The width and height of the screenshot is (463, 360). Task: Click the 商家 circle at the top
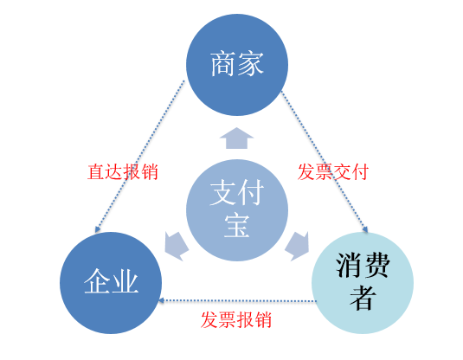coord(237,65)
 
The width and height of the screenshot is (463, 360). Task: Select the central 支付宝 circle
coord(237,210)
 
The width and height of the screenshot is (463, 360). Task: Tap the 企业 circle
coord(111,283)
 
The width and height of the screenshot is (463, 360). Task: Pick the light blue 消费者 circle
coord(363,283)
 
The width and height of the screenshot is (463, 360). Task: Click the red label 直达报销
coord(123,172)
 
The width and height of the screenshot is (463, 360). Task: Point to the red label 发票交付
coord(333,172)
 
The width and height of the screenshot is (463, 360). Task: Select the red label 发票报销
coord(236,319)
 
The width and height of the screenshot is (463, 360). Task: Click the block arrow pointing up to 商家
coord(236,138)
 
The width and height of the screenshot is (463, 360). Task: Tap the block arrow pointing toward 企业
coord(177,246)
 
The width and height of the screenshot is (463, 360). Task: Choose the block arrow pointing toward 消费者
coord(297,246)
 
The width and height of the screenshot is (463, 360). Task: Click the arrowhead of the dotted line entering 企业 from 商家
coord(98,229)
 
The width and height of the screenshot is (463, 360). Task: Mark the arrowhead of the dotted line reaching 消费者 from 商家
coord(365,229)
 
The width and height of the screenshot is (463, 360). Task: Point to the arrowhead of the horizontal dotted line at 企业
coord(161,300)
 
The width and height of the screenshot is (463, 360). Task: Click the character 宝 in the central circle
coord(237,226)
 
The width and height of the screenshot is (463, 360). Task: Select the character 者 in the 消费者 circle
coord(363,298)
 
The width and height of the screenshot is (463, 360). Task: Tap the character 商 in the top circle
coord(223,64)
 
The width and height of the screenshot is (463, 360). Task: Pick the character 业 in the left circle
coord(125,281)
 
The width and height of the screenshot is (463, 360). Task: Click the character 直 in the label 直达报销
coord(96,172)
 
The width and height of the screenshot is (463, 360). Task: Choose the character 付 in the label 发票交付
coord(360,172)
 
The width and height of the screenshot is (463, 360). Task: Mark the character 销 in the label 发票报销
coord(263,319)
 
